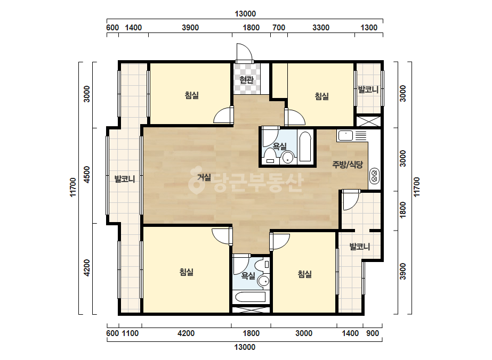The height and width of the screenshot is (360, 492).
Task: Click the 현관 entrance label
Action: [x=246, y=80]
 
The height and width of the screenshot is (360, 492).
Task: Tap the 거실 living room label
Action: [x=204, y=177]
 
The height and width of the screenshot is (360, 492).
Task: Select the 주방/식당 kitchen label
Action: [x=348, y=165]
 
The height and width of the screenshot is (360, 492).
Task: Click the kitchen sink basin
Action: [x=345, y=136]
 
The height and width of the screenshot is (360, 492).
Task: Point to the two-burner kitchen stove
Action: [x=374, y=176]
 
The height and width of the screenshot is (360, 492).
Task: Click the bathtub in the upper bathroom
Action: [x=305, y=147]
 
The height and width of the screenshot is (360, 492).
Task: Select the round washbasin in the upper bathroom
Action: [x=288, y=158]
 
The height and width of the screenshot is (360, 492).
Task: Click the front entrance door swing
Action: [x=244, y=52]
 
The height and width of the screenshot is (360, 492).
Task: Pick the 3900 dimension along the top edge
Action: [x=190, y=28]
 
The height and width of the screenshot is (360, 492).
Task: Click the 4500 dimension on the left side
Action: [x=87, y=175]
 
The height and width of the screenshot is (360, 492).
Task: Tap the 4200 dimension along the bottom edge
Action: [x=186, y=333]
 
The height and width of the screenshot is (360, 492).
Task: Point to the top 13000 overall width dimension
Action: [x=245, y=14]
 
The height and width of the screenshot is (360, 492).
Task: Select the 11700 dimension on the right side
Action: [x=416, y=187]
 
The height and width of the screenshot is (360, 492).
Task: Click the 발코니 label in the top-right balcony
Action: [x=368, y=89]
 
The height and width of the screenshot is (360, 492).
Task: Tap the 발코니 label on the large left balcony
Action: [x=125, y=179]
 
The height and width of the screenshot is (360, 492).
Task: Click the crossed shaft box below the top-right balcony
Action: [x=368, y=121]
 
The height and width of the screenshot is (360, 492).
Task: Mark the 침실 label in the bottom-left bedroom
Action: [x=187, y=272]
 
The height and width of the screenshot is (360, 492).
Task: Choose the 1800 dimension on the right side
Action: [x=403, y=210]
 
